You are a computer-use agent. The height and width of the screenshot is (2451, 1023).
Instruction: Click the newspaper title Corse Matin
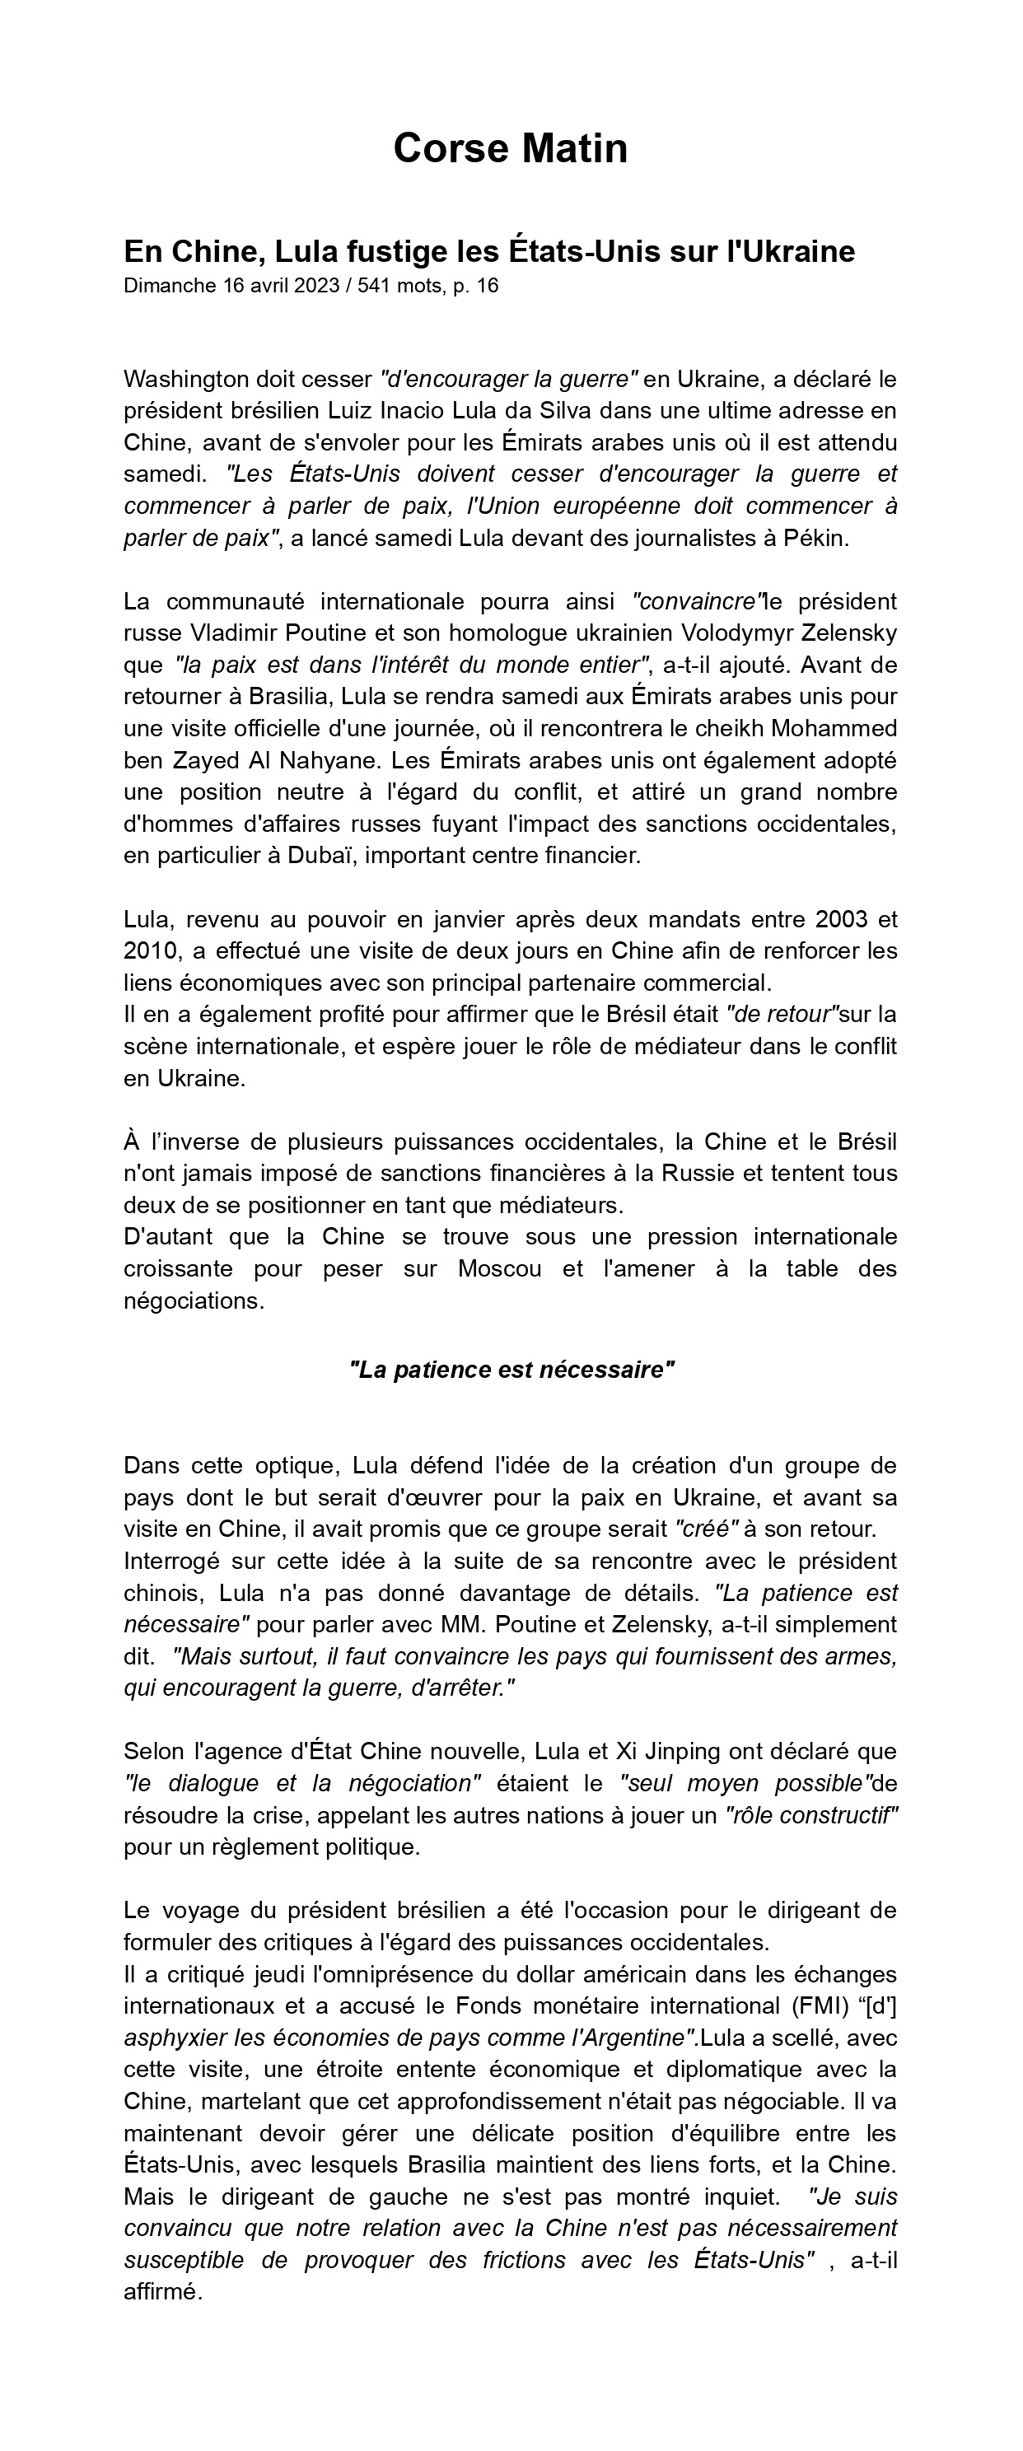point(510,149)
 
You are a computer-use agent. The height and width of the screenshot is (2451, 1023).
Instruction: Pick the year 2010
point(151,950)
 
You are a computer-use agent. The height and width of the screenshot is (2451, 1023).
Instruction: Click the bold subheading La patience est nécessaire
point(511,1370)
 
